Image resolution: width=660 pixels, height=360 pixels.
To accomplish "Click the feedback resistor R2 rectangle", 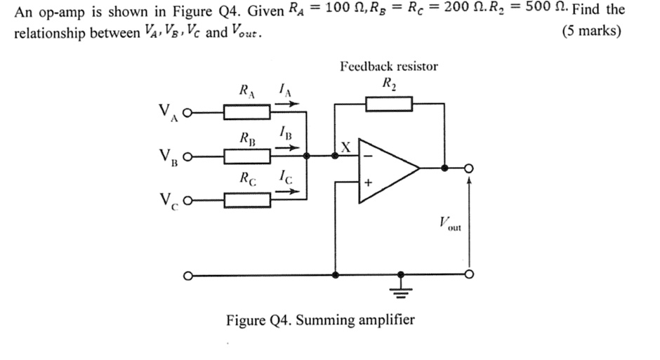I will pyautogui.click(x=388, y=105).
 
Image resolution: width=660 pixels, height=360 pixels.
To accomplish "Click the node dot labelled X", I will pyautogui.click(x=336, y=157).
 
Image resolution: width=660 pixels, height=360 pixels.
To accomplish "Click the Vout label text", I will pyautogui.click(x=447, y=225).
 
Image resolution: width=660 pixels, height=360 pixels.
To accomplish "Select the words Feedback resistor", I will pyautogui.click(x=388, y=67).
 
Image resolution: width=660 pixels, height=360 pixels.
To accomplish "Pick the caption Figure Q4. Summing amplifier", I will pyautogui.click(x=320, y=321).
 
